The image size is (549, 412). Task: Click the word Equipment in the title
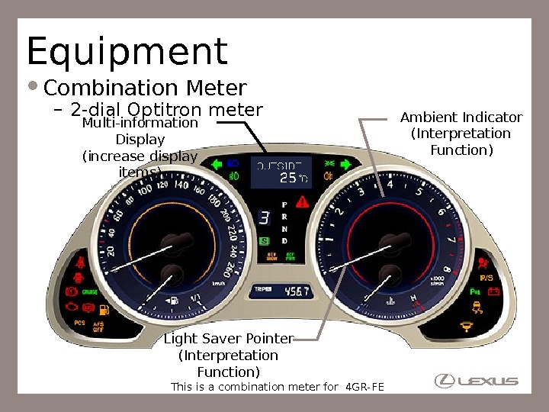(x=127, y=52)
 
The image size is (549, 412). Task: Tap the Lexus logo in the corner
(x=476, y=380)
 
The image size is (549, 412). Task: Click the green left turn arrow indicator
(x=216, y=163)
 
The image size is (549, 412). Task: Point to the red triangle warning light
(x=303, y=202)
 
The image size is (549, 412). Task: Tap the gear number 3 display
(x=264, y=218)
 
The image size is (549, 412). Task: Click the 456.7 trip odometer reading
(x=296, y=291)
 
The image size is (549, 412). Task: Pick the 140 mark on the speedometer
(x=181, y=185)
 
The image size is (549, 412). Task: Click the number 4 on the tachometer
(x=390, y=185)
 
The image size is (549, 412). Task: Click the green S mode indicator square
(x=264, y=241)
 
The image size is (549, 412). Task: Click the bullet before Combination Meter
(x=36, y=87)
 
